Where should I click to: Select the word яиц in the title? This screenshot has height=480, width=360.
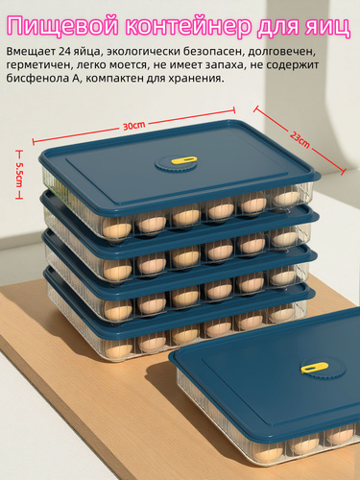(326, 27)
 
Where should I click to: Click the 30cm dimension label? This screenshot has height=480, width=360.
(133, 126)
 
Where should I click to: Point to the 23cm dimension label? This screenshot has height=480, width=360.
(300, 140)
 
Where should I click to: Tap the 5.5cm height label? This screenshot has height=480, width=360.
(20, 176)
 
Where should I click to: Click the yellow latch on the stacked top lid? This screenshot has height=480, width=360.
(184, 160)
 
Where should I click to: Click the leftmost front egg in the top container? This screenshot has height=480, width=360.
(117, 228)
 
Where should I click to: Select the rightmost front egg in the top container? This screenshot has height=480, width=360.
(285, 198)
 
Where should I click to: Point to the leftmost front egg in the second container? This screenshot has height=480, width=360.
(118, 268)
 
